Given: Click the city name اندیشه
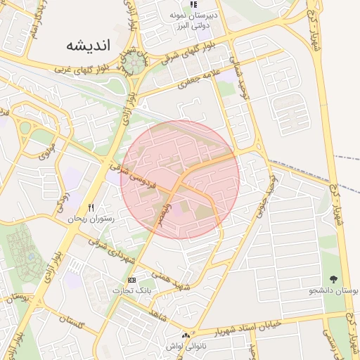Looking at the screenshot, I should click(89, 46).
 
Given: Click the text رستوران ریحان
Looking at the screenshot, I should click(91, 219).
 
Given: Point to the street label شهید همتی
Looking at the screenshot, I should click(174, 281).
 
